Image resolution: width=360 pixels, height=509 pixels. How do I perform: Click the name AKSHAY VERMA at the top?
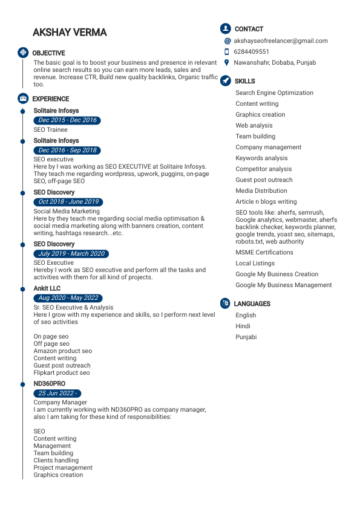pyautogui.click(x=70, y=32)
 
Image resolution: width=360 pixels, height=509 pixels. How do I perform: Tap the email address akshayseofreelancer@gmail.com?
pyautogui.click(x=281, y=41)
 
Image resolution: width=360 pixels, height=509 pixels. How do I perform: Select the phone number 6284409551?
pyautogui.click(x=252, y=52)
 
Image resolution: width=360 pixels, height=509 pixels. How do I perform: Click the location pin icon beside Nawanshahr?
pyautogui.click(x=226, y=62)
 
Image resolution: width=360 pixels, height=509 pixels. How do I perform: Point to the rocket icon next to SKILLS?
pyautogui.click(x=225, y=80)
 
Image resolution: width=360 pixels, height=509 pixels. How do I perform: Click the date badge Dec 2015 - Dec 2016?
pyautogui.click(x=67, y=120)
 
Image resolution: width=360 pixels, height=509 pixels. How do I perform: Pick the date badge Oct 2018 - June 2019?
pyautogui.click(x=68, y=202)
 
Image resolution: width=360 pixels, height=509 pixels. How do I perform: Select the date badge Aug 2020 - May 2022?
pyautogui.click(x=68, y=298)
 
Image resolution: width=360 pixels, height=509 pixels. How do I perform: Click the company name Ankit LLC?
pyautogui.click(x=47, y=289)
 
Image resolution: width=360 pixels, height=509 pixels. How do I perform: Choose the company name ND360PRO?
pyautogui.click(x=49, y=384)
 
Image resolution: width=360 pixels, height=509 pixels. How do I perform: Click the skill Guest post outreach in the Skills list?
pyautogui.click(x=264, y=180)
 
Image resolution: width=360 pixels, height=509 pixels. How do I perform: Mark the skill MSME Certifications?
pyautogui.click(x=264, y=253)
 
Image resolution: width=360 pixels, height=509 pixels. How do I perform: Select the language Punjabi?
pyautogui.click(x=246, y=337)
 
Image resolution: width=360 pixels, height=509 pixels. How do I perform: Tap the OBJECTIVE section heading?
pyautogui.click(x=48, y=53)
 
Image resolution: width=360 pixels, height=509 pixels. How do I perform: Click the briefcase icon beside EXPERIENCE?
pyautogui.click(x=23, y=99)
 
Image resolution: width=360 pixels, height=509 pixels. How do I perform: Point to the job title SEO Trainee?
pyautogui.click(x=50, y=130)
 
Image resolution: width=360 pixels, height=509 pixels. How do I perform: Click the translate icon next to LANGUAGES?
pyautogui.click(x=225, y=303)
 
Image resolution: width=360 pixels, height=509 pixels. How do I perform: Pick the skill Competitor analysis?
pyautogui.click(x=263, y=169)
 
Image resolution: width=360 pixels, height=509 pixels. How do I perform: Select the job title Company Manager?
pyautogui.click(x=60, y=403)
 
